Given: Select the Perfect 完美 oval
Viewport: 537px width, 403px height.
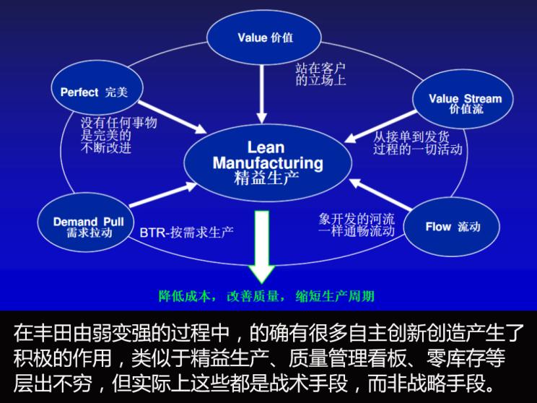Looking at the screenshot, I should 97,92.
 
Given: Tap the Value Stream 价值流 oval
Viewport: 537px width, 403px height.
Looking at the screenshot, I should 465,104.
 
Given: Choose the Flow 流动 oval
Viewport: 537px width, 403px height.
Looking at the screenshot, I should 452,227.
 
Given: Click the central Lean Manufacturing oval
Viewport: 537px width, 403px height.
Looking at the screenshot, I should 268,162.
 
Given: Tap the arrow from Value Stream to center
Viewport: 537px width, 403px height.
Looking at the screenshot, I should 379,127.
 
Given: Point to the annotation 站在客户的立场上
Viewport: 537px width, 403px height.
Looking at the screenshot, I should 320,73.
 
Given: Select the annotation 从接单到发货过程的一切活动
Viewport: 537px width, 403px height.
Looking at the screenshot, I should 417,142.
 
